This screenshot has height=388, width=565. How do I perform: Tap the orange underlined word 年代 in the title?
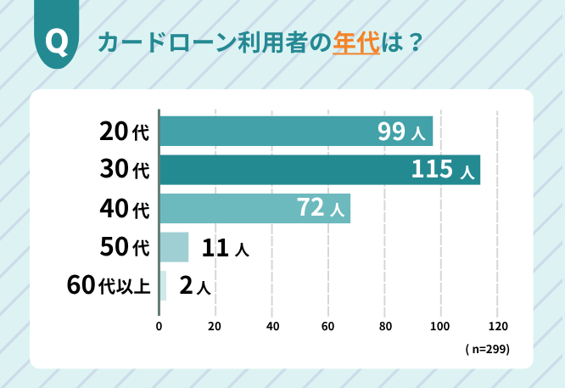click(355, 43)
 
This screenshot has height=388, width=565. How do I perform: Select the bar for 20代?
click(295, 132)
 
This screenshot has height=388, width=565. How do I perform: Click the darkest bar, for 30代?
click(319, 170)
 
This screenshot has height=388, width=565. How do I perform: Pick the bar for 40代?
click(255, 208)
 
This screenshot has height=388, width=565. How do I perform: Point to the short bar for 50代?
click(174, 247)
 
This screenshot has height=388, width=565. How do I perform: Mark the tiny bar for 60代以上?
click(162, 286)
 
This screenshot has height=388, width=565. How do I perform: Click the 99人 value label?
click(402, 132)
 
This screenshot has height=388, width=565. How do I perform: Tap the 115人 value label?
click(442, 170)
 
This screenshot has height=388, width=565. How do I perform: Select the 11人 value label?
click(224, 248)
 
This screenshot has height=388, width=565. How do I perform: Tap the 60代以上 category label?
click(109, 286)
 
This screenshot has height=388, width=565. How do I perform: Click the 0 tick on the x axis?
click(159, 326)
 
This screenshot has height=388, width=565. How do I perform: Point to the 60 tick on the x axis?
click(328, 326)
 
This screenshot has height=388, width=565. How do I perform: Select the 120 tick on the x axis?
click(498, 326)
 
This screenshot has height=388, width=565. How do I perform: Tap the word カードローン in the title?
click(164, 43)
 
